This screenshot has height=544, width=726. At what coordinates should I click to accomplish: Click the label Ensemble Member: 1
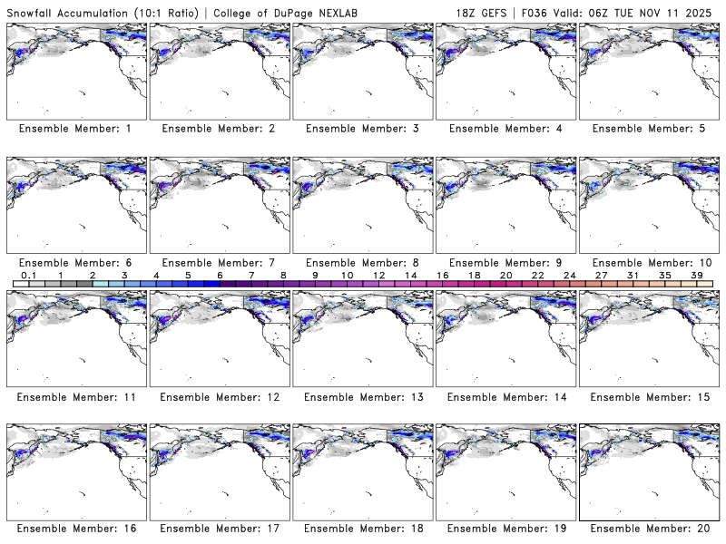[x=74, y=129]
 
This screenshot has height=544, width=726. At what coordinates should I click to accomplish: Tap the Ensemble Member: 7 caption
[x=218, y=263]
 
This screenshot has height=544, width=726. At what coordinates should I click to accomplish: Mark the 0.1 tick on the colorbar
[x=29, y=276]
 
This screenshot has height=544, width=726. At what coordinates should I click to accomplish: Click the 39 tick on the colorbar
[x=696, y=276]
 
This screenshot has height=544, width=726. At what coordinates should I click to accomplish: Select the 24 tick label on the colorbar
[x=569, y=276]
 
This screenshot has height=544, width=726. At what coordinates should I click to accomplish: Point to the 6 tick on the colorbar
[x=220, y=276]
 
